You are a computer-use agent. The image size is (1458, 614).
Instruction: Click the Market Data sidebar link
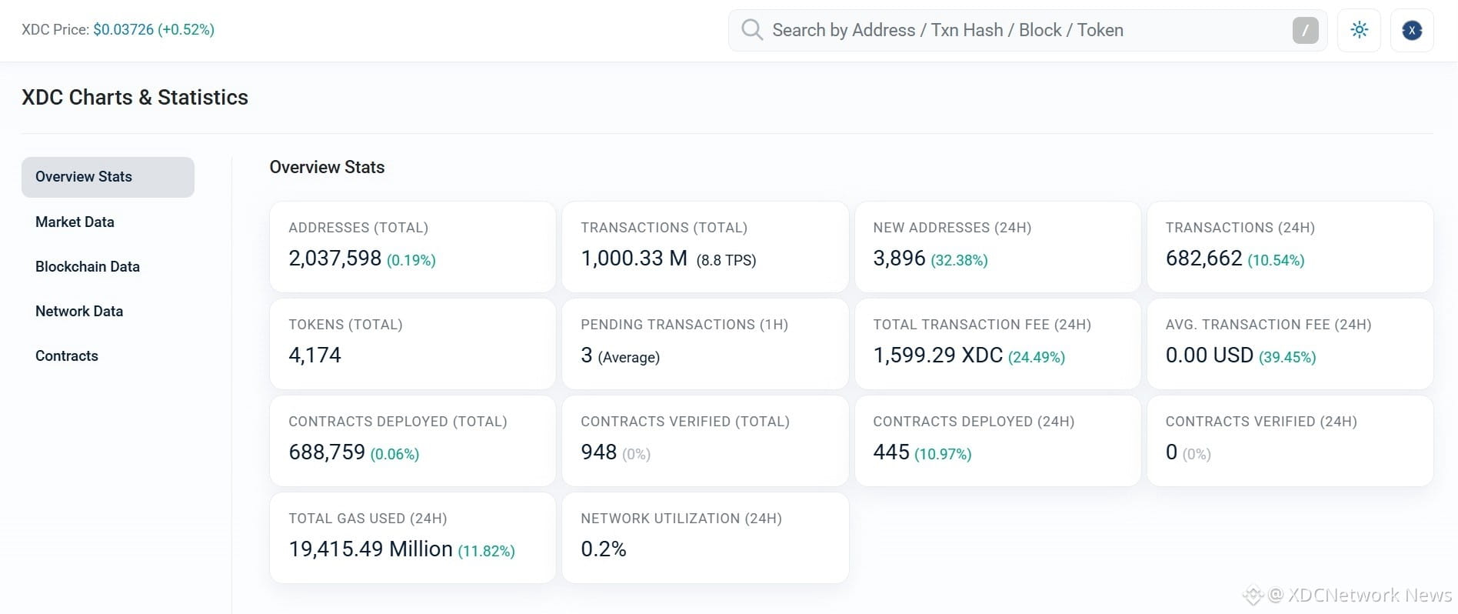point(75,222)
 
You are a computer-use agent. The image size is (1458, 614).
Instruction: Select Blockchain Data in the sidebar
point(88,267)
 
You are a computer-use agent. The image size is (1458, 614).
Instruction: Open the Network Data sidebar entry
point(79,312)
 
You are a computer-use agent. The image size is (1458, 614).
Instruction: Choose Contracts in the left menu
point(67,356)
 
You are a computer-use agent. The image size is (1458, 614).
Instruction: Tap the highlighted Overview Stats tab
point(108,177)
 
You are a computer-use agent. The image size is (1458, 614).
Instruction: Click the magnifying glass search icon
point(751,30)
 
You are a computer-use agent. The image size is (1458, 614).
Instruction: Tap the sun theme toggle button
point(1359,30)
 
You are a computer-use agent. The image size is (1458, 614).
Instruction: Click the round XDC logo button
point(1412,30)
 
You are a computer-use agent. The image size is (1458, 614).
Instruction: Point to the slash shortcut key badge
point(1305,30)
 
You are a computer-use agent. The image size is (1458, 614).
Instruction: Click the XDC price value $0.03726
point(123,30)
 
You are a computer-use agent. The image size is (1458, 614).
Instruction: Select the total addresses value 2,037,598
point(335,259)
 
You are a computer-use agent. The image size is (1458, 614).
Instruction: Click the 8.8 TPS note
point(726,260)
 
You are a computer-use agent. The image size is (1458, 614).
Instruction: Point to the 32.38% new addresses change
point(959,260)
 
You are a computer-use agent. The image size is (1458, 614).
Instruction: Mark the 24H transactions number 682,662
point(1203,259)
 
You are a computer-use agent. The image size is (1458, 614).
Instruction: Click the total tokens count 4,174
point(315,355)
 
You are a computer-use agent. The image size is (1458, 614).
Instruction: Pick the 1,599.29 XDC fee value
point(938,355)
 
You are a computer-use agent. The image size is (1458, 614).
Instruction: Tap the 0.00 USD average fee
point(1210,355)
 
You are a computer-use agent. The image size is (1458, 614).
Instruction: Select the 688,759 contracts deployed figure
point(327,452)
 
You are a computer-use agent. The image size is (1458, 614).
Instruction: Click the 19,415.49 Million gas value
point(371,549)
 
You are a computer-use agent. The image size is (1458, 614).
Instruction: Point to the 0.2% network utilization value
point(604,549)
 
